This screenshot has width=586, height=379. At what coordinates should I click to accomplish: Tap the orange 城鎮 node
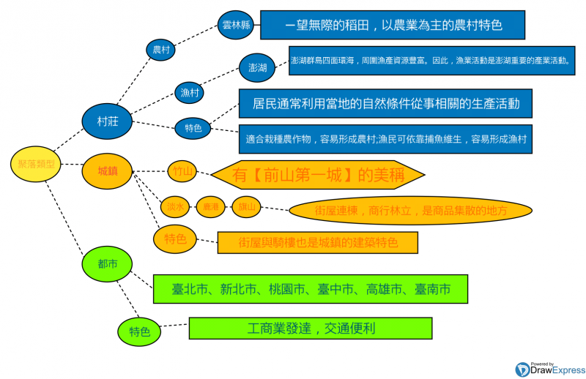[x=106, y=170]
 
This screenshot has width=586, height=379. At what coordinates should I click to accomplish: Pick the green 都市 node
[x=104, y=263]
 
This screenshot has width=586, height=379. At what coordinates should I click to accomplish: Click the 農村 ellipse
[x=162, y=50]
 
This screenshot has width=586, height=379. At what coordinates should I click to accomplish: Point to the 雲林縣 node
[x=237, y=26]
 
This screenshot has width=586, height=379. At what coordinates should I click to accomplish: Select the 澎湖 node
[x=258, y=68]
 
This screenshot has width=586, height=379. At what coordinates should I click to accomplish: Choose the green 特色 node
[x=139, y=331]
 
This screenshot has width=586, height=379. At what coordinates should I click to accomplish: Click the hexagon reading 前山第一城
[x=318, y=176]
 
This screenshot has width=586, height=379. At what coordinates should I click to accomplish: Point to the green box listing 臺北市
[x=311, y=290]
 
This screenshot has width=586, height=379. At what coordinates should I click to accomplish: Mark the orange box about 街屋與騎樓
[x=317, y=242]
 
